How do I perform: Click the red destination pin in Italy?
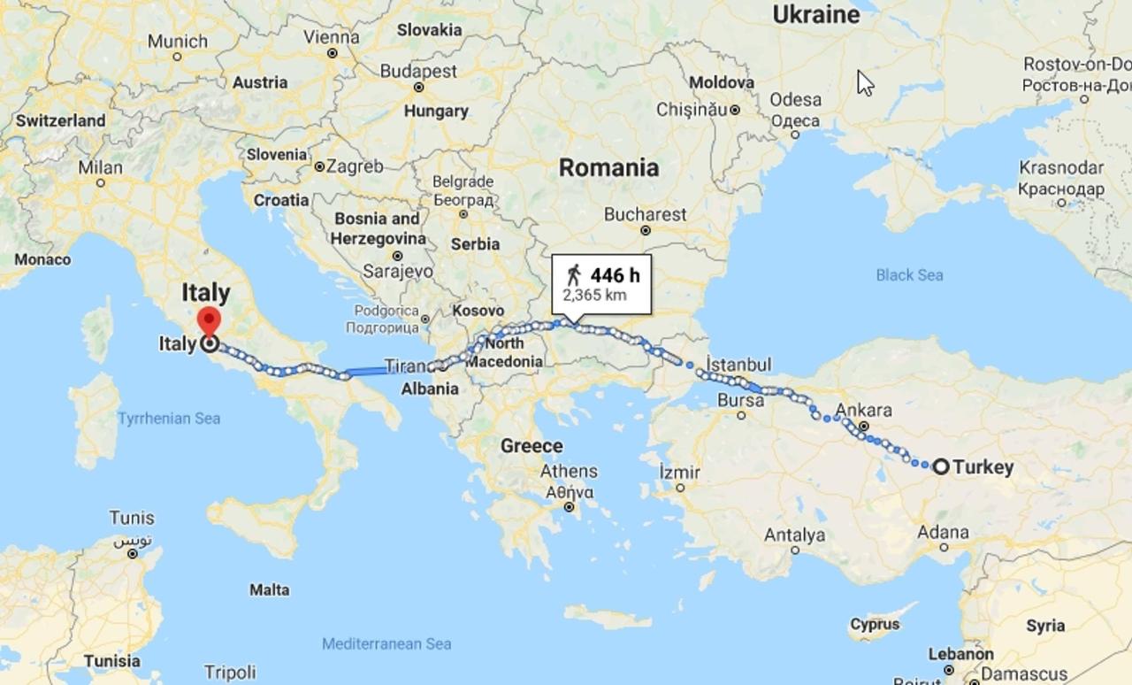point(209,321)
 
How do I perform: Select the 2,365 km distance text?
point(594,295)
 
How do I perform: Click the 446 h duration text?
point(615,274)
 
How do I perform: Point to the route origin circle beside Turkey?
point(941,466)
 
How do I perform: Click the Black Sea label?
point(909,275)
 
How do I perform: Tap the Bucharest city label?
point(645,214)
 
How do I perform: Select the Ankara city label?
point(863,410)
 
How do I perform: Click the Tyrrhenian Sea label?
point(169,418)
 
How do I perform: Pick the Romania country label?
point(608,167)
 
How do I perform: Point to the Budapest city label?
point(418,71)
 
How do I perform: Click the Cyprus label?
point(874,624)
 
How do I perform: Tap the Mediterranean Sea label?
point(386,643)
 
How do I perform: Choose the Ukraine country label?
point(815,14)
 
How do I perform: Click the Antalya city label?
point(795,535)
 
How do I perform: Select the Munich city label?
point(178,41)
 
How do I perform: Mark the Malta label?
point(269,589)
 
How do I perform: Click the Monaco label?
point(42,259)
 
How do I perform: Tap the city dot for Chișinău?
point(735,110)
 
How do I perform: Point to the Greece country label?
point(532,445)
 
